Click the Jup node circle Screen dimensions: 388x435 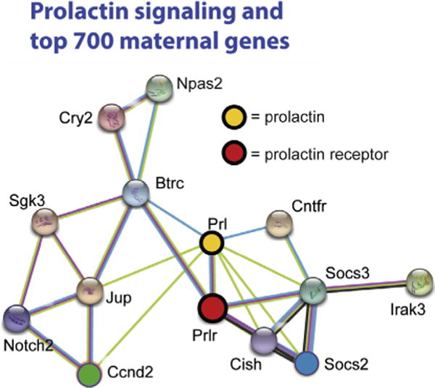[91, 290]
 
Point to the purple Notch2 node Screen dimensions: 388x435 [17, 319]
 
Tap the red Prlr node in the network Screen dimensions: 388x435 [214, 308]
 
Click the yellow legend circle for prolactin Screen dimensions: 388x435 [232, 116]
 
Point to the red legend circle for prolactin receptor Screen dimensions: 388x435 [233, 153]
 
